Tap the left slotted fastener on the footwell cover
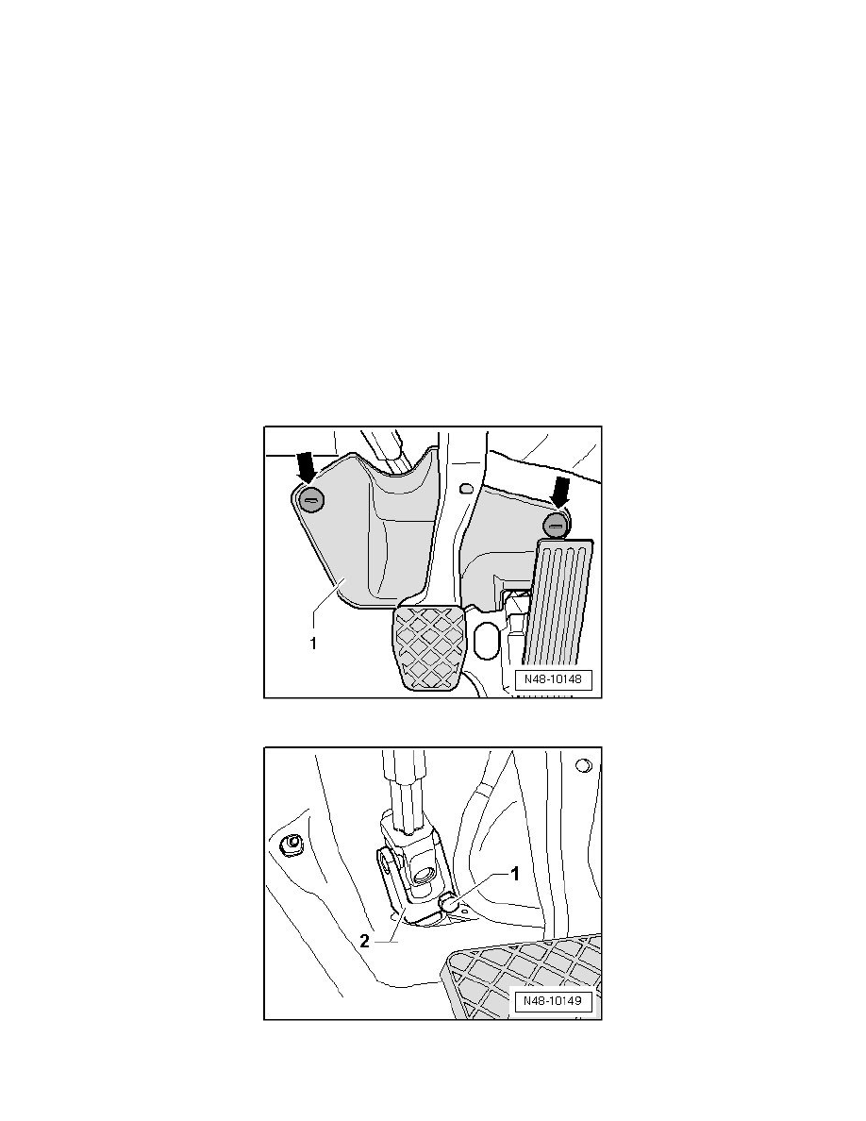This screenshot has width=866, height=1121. click(310, 499)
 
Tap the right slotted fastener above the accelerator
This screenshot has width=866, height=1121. click(556, 525)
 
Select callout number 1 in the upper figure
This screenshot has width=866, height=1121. click(312, 644)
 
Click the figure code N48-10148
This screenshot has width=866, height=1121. click(553, 678)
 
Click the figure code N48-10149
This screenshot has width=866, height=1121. click(553, 1000)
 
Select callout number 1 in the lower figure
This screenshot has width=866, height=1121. click(513, 874)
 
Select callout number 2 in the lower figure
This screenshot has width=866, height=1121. click(364, 941)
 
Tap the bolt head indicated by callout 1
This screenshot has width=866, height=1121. click(450, 903)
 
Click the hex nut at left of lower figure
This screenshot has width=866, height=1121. click(291, 845)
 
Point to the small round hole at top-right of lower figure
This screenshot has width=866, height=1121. click(583, 765)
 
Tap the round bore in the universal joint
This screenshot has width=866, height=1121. click(423, 873)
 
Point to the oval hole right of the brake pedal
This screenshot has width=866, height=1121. click(486, 639)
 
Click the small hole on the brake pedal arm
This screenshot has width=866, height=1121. click(466, 489)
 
